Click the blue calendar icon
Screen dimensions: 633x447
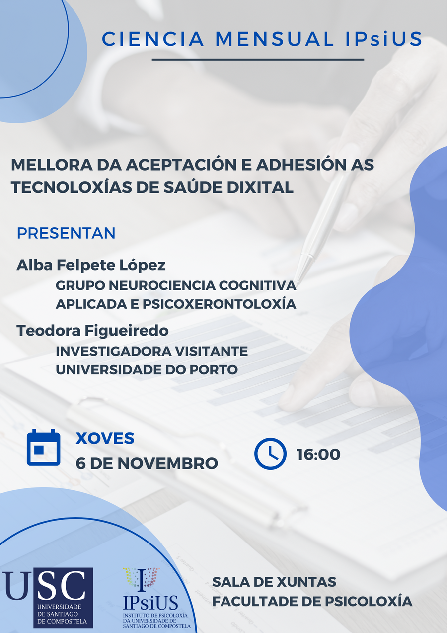coord(43,448)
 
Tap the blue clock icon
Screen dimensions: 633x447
coord(270,453)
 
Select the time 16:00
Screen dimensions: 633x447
coord(318,454)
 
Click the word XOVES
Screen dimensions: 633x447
coord(105,438)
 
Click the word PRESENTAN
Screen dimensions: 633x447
coord(66,233)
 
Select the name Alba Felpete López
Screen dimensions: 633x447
coord(91,265)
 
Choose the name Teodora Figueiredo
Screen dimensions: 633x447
coord(92,330)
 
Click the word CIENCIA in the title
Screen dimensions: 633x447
coord(152,39)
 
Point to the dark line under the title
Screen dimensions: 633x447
coord(258,60)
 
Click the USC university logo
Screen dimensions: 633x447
coord(48,597)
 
